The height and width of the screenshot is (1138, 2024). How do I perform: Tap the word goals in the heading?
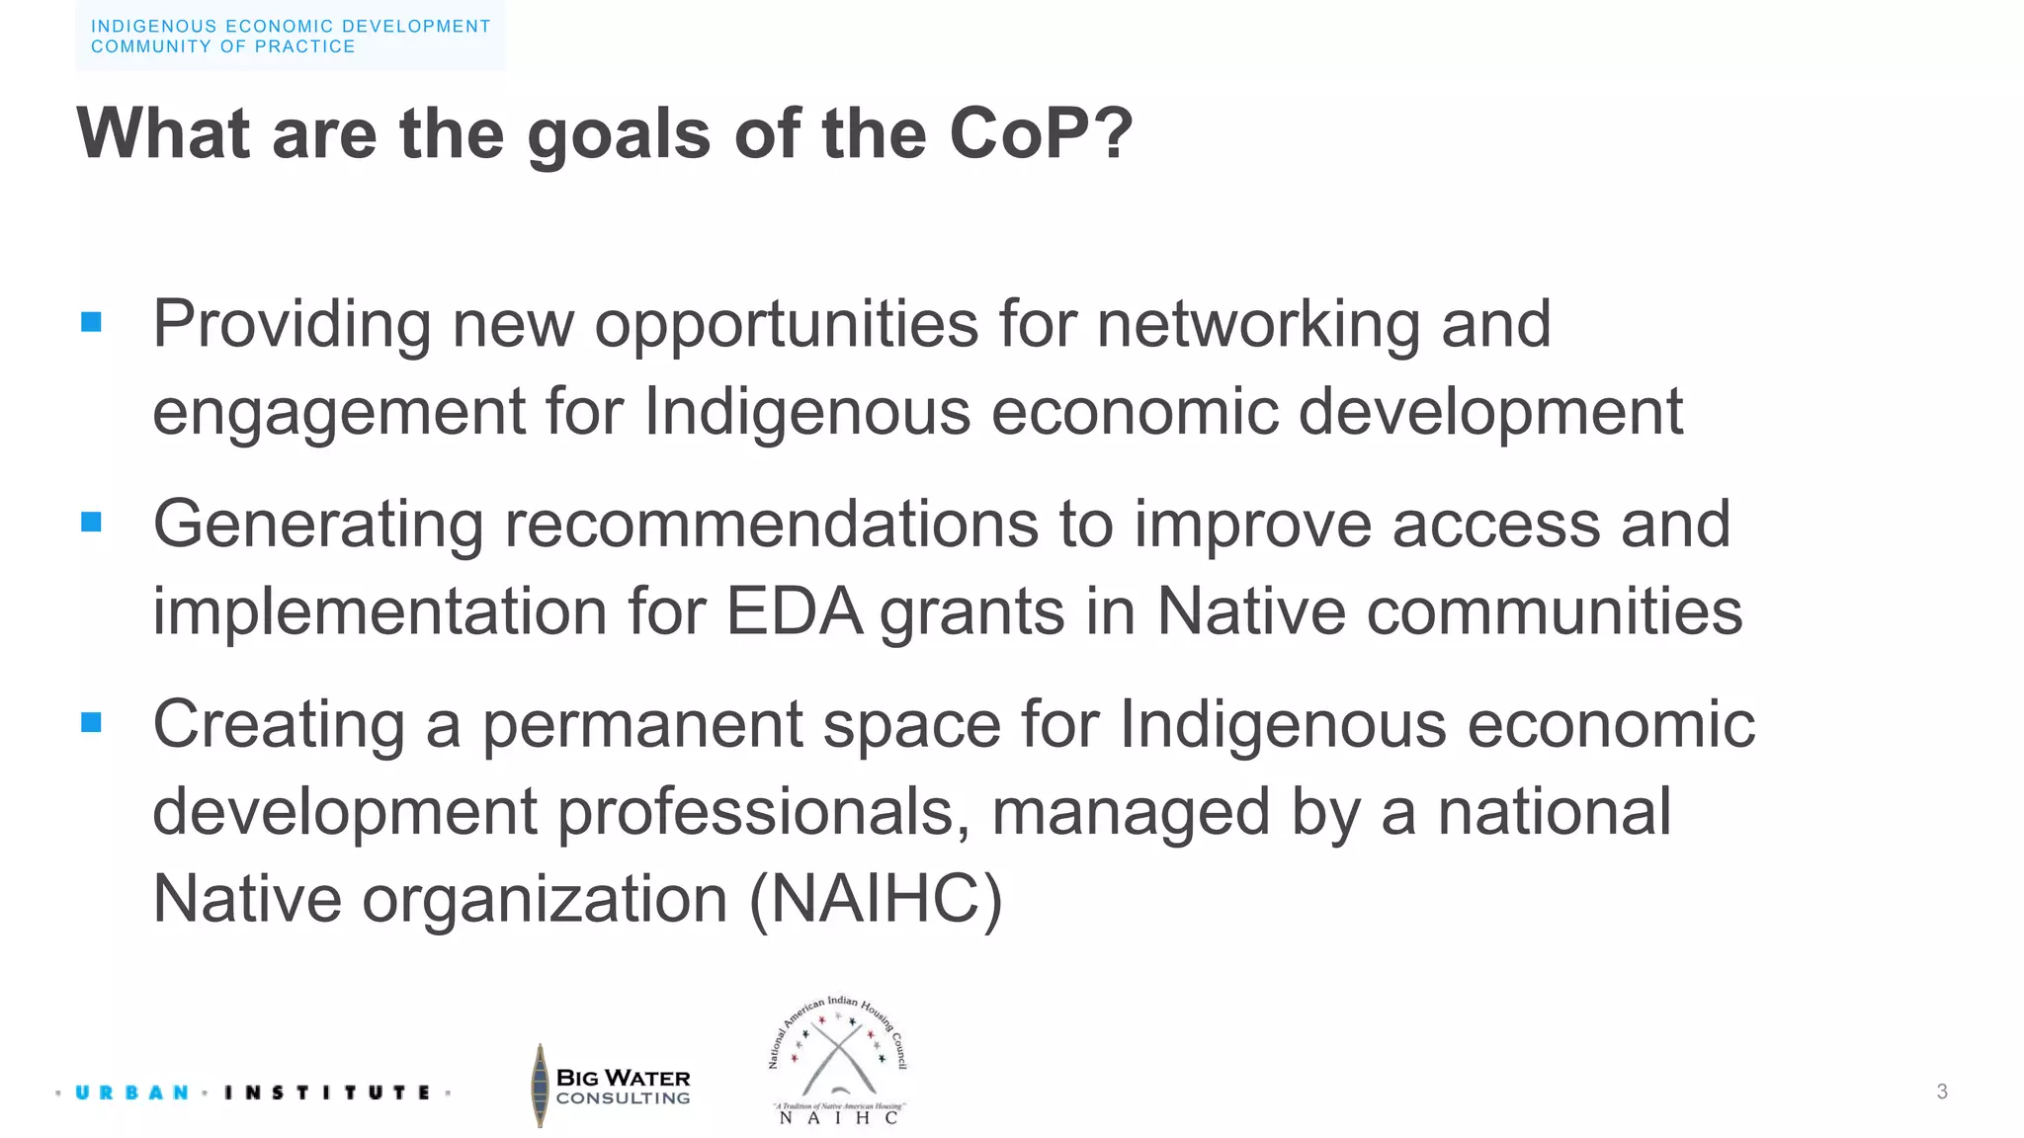619,135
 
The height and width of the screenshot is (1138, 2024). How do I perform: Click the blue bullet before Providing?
92,322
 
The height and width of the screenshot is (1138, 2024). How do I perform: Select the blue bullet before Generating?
92,522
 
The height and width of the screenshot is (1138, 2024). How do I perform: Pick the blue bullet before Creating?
92,722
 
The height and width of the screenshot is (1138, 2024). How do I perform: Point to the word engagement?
338,413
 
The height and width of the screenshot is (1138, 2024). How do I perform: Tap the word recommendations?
771,524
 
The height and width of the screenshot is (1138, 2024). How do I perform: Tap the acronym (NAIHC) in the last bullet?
876,899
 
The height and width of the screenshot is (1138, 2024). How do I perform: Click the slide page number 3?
1942,1092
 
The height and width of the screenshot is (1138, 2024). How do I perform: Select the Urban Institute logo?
253,1093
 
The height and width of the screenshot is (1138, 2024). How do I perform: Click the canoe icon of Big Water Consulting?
540,1086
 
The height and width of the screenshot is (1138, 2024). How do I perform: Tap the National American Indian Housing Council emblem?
838,1060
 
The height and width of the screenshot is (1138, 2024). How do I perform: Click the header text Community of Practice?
223,46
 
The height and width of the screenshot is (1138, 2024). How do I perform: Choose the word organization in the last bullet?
545,899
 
